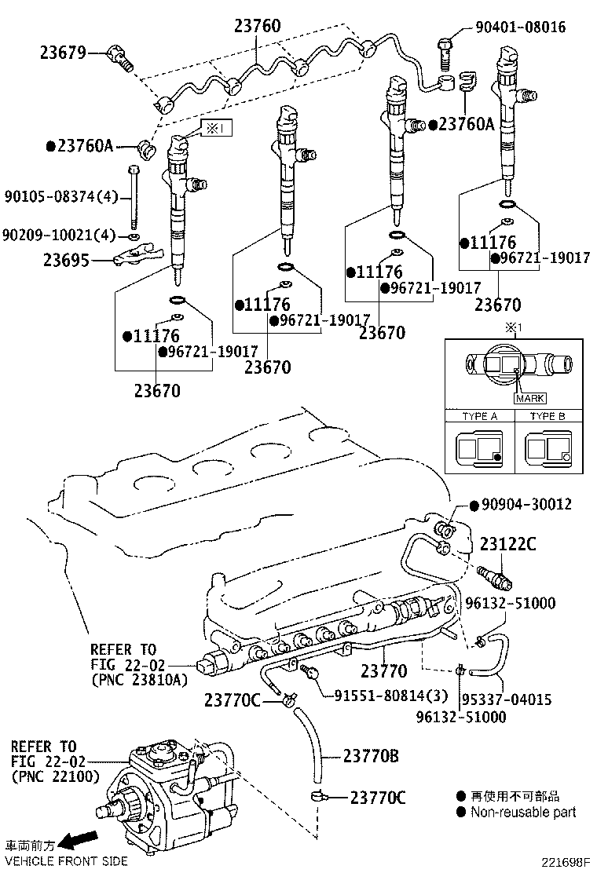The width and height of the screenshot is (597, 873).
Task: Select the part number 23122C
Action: point(507,542)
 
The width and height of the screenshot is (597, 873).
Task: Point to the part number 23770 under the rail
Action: point(383,671)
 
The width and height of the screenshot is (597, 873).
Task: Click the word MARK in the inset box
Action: point(529,398)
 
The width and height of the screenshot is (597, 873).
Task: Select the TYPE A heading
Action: point(479,417)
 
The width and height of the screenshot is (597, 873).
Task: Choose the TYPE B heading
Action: point(548,417)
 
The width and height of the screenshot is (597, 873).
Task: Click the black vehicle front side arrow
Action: point(77,843)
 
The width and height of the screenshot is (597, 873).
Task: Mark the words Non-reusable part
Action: point(523,813)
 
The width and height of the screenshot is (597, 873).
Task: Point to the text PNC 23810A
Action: point(139,679)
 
